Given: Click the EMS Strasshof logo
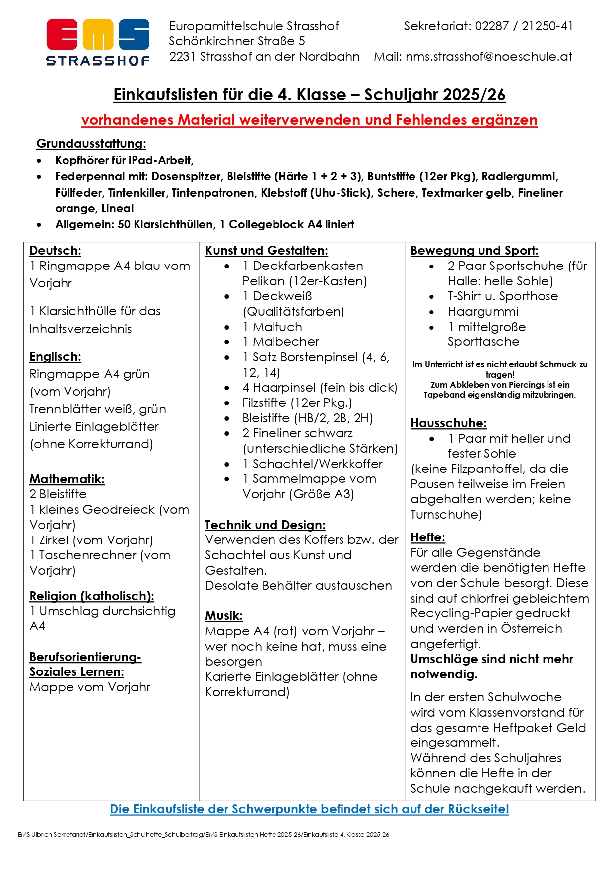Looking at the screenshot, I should [x=98, y=42].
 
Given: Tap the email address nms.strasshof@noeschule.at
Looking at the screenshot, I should [x=488, y=57].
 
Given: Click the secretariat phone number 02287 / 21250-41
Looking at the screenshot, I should [x=524, y=26].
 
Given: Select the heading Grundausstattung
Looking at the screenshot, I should [x=91, y=144].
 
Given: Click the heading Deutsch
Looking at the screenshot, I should [x=55, y=251].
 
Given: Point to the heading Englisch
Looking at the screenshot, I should [x=55, y=357].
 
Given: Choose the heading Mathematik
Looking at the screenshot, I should [x=67, y=479].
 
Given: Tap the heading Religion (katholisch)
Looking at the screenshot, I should [x=92, y=596].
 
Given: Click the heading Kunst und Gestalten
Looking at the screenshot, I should [x=267, y=251].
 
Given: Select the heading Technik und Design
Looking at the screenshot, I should [x=265, y=525].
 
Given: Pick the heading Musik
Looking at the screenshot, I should [x=224, y=616].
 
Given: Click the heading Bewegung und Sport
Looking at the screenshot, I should [x=474, y=251].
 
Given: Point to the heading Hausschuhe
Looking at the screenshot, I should [x=449, y=423].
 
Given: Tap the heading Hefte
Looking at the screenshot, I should [x=428, y=537].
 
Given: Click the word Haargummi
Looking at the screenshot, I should [x=483, y=312].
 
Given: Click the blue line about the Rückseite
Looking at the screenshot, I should [x=309, y=809].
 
